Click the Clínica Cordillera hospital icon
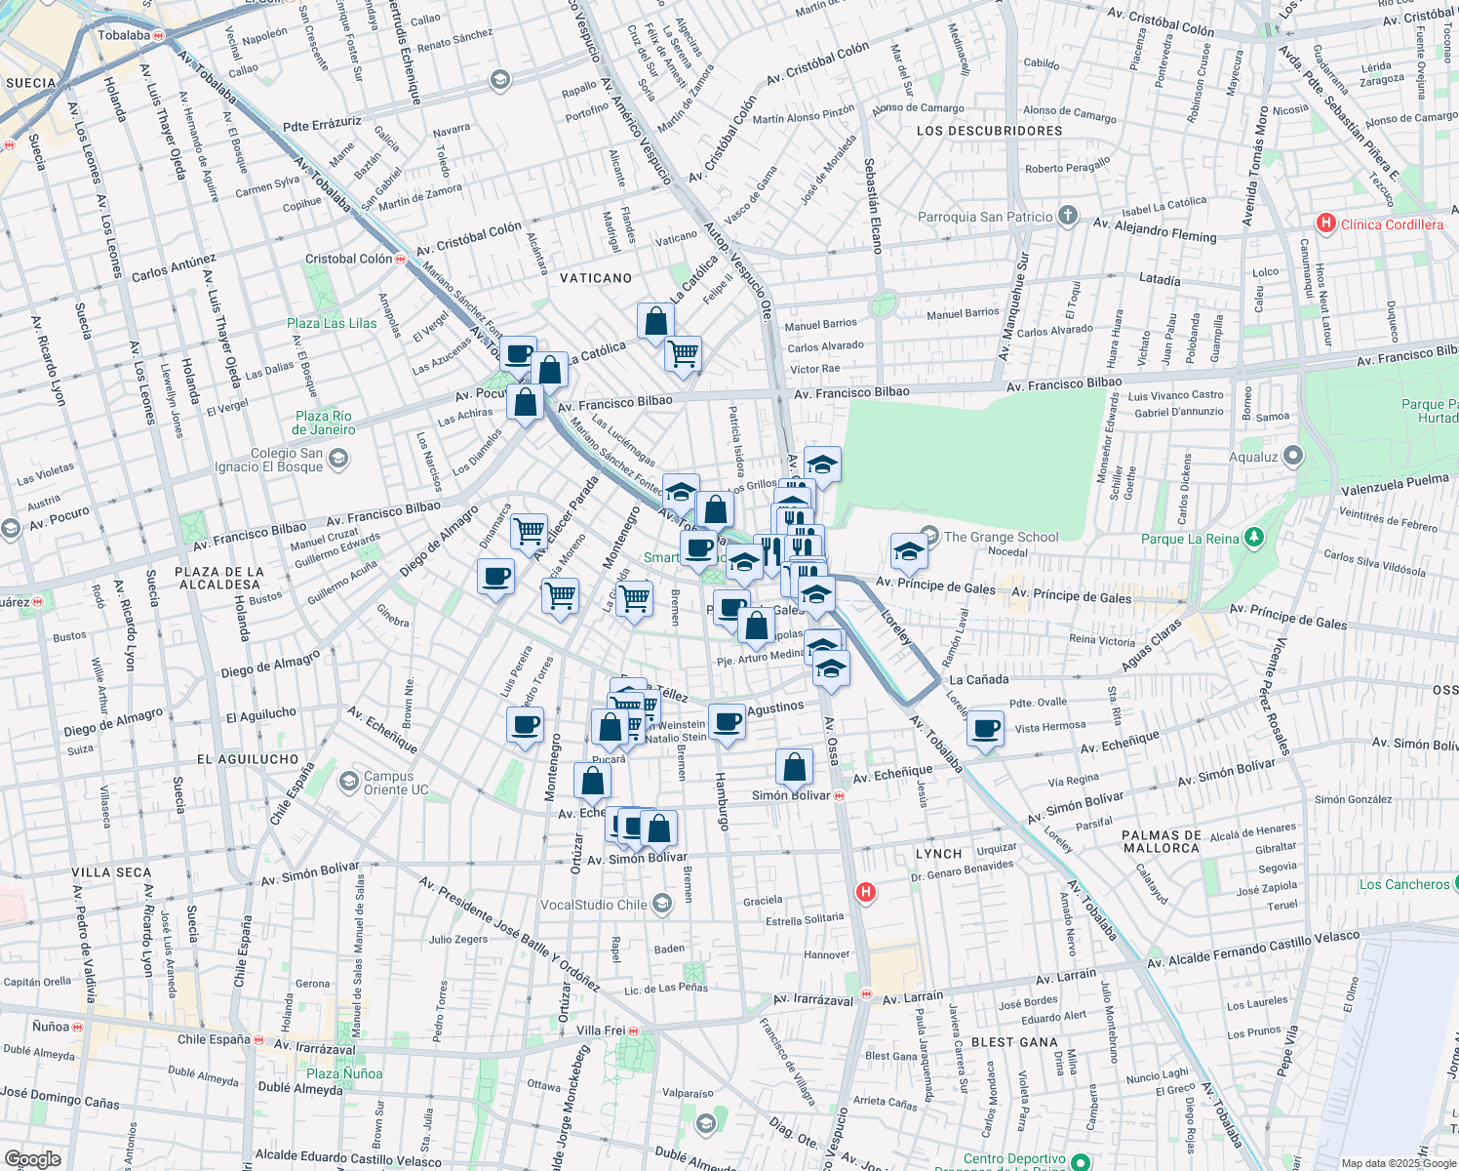(x=1325, y=223)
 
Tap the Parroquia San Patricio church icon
(x=1068, y=216)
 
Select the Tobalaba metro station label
(x=124, y=35)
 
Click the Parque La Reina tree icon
(x=1254, y=538)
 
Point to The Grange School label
(x=1001, y=537)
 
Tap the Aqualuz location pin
(x=1293, y=456)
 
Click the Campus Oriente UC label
(x=396, y=783)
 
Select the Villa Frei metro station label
(x=601, y=1030)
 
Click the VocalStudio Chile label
(x=593, y=905)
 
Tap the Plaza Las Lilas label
(x=332, y=323)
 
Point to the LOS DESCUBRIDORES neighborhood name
(x=989, y=131)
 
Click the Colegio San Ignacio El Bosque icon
(x=338, y=458)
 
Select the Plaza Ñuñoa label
(x=343, y=1073)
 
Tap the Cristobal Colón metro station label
(x=348, y=259)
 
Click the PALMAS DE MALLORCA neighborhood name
(x=1161, y=841)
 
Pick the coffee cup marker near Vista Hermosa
(x=986, y=729)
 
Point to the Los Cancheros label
(x=1404, y=884)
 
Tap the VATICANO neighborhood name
(x=596, y=278)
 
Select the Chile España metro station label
(x=214, y=1039)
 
